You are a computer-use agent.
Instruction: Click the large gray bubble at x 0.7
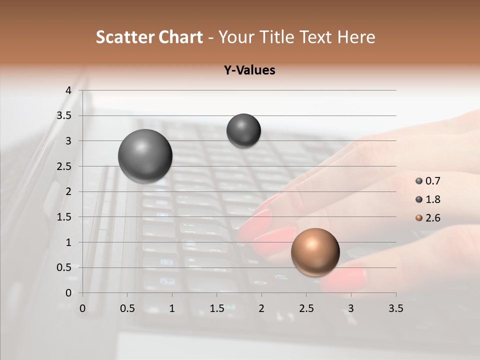pos(145,156)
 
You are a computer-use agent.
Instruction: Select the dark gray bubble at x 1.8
pos(243,130)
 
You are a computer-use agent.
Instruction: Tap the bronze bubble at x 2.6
pos(315,252)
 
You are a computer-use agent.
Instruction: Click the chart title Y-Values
pos(249,70)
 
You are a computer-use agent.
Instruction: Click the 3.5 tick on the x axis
pos(395,308)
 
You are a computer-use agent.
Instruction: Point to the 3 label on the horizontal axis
pos(351,308)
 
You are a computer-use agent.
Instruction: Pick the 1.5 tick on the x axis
pos(216,308)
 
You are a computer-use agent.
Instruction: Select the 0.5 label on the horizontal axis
pos(127,308)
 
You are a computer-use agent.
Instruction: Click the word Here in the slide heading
pos(356,37)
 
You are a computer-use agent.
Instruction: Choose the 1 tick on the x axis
pos(172,308)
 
